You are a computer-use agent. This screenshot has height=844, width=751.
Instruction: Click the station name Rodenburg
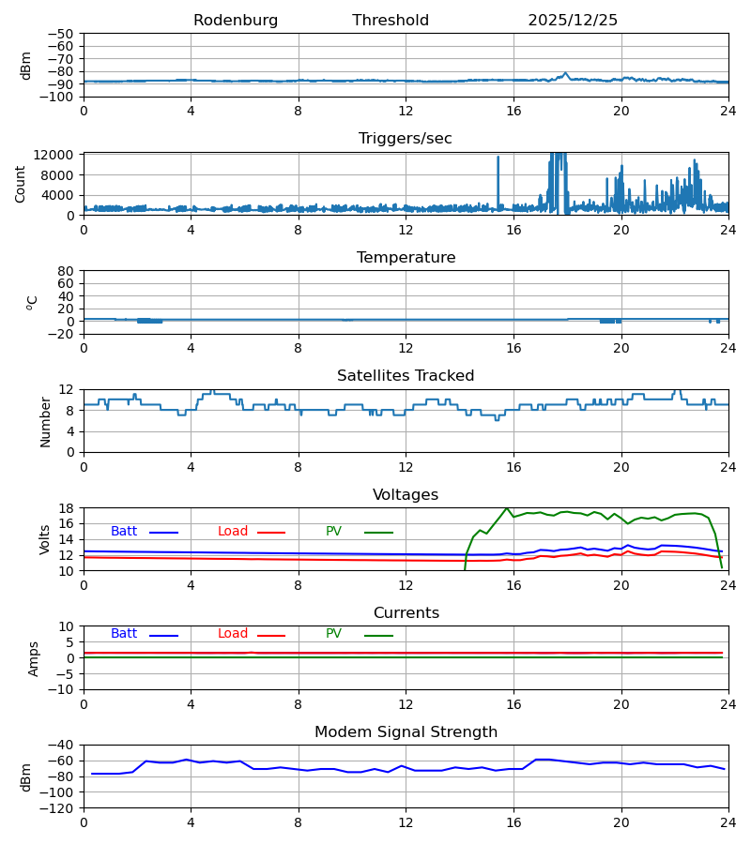coord(236,21)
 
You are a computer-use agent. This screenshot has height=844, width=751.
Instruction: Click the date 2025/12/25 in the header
coord(573,21)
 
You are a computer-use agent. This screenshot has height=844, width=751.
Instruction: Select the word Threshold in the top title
coord(391,21)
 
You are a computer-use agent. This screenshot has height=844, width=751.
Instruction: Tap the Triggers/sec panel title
coord(406,139)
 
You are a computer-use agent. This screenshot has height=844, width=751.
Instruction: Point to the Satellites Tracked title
coord(406,376)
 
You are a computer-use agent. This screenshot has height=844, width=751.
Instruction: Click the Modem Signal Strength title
coord(406,732)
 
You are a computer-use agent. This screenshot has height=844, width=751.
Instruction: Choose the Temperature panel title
coord(406,258)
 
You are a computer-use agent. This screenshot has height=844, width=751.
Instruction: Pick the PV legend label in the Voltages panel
coord(333,532)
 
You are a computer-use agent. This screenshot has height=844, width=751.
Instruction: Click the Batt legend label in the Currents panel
coord(124,634)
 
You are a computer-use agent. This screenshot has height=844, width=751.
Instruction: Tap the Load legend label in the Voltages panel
coord(233,532)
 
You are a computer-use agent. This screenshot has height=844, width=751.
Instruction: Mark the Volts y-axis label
coord(45,539)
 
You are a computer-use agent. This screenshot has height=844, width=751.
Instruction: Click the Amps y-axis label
coord(34,658)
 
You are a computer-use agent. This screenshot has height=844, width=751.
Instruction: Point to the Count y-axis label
coord(21,184)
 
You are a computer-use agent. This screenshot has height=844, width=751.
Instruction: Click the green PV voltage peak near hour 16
coord(507,508)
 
